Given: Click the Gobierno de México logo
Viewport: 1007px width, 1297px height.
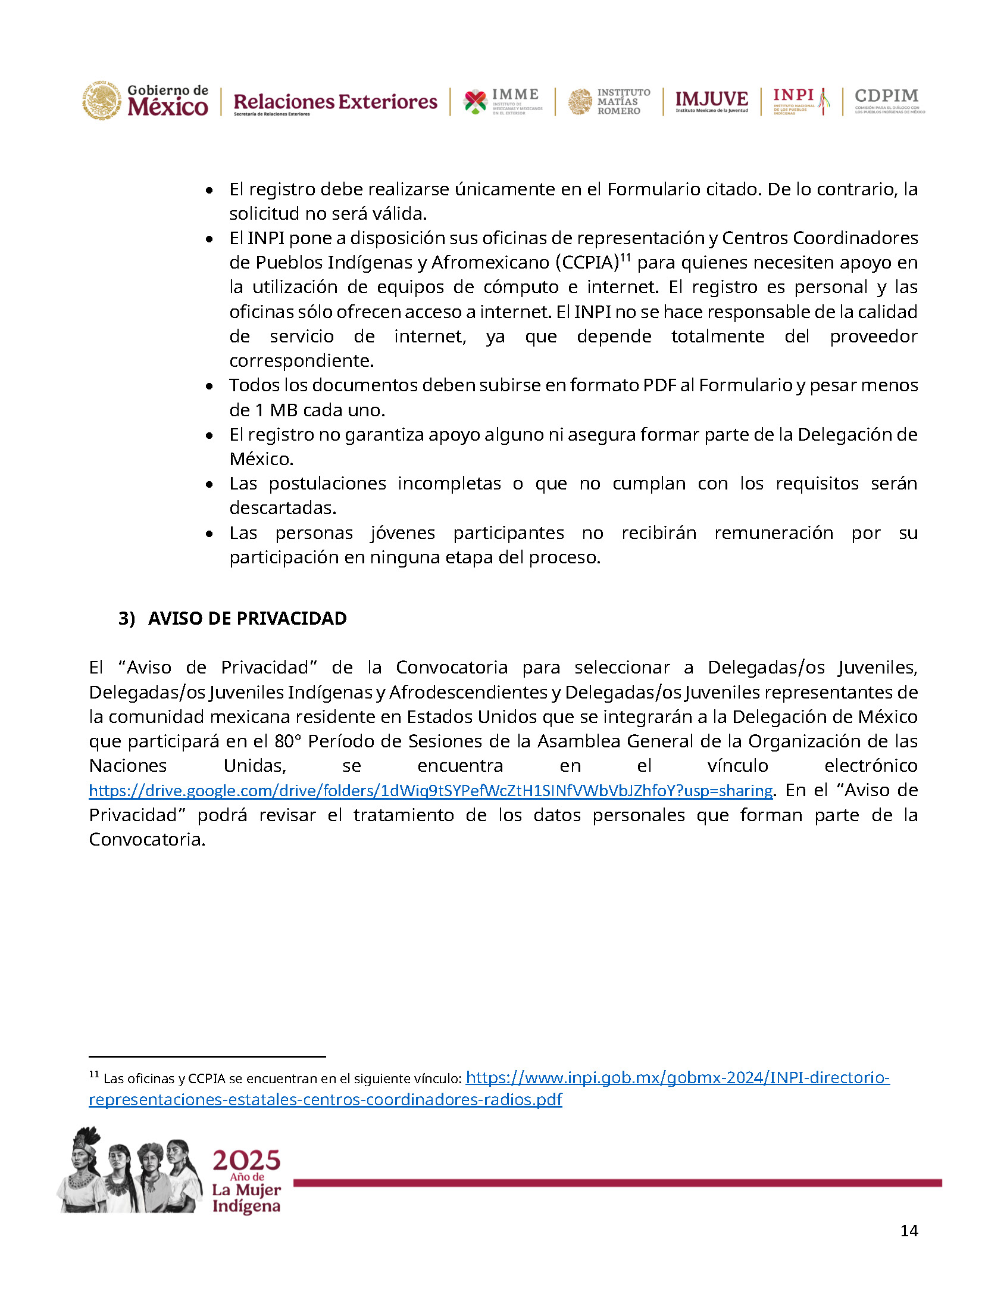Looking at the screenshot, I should click(x=145, y=101).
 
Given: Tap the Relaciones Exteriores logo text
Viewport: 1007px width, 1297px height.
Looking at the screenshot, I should click(x=335, y=102).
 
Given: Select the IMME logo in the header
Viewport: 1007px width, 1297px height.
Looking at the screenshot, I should click(x=503, y=101).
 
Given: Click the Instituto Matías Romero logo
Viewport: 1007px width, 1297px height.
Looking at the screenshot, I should click(x=609, y=101).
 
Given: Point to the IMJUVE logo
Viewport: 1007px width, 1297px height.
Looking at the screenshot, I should click(x=712, y=101).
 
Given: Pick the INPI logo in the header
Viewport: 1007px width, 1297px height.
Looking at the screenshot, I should click(x=800, y=101).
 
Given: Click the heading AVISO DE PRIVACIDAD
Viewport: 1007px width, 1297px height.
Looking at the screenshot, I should click(x=247, y=618).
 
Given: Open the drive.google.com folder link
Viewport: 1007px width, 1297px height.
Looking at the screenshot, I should click(x=430, y=790).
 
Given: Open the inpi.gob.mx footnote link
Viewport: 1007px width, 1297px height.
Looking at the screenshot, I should click(x=677, y=1077).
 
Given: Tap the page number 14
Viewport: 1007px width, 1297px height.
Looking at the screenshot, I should click(x=909, y=1230).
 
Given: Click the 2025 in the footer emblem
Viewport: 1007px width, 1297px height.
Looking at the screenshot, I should click(x=246, y=1161).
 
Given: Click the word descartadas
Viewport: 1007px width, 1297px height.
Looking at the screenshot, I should click(x=283, y=508).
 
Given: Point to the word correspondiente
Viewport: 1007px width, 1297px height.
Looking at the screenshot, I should click(x=301, y=361).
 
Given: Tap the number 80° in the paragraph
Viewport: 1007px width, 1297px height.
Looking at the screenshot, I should click(x=288, y=741).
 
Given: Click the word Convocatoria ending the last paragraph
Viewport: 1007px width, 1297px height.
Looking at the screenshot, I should click(x=146, y=840).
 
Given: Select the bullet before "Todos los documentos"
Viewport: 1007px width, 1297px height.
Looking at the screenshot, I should click(x=209, y=386).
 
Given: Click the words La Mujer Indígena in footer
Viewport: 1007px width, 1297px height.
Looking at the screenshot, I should click(x=246, y=1198).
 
